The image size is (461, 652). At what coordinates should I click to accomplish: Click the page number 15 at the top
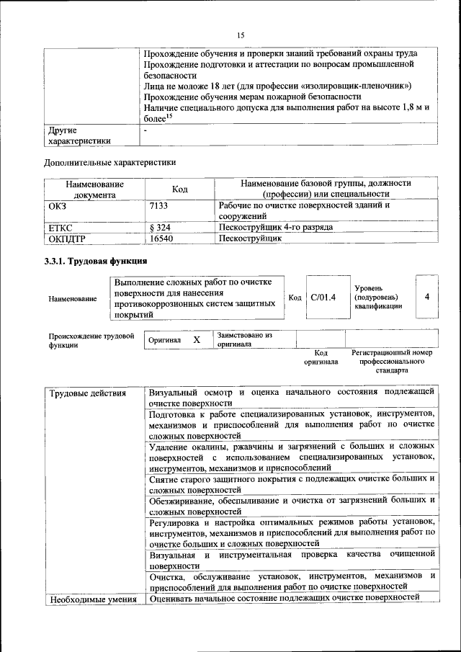click(241, 33)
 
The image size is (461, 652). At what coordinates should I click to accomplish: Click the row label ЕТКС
click(61, 227)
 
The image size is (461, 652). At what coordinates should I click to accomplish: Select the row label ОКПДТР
click(67, 238)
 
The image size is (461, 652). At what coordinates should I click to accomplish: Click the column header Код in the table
click(179, 189)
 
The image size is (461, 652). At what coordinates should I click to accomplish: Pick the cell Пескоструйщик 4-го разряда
click(276, 227)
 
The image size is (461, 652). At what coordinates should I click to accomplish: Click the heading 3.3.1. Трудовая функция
click(96, 261)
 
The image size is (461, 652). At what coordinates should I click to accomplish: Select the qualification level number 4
click(428, 297)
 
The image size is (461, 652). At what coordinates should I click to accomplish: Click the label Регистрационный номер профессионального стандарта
click(392, 361)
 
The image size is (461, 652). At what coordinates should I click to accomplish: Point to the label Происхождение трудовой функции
click(91, 340)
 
